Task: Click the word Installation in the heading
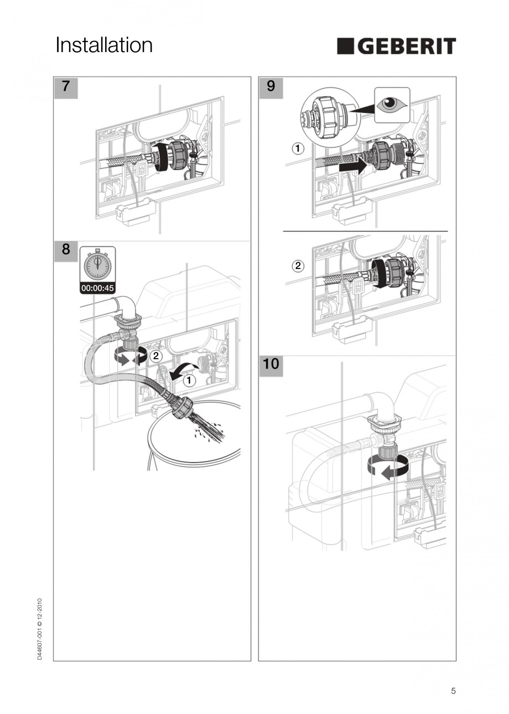[x=104, y=45]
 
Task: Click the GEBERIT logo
[x=396, y=46]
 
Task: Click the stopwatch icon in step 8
[x=98, y=265]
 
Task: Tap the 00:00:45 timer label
[x=98, y=288]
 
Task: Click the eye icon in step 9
[x=392, y=104]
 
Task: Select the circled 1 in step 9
[x=298, y=148]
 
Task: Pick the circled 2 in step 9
[x=298, y=266]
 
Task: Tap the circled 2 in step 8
[x=156, y=356]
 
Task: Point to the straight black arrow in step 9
[x=352, y=165]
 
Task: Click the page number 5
[x=453, y=691]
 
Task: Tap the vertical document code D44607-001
[x=39, y=629]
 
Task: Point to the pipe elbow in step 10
[x=381, y=407]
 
